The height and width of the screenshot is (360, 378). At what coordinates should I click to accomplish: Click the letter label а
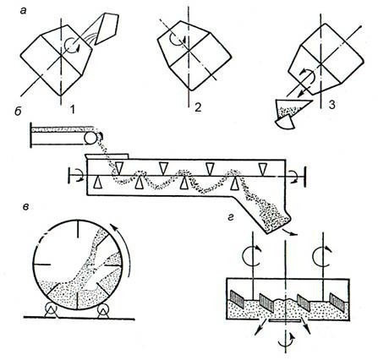tap(24, 11)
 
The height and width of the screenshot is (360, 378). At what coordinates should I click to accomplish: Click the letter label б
tap(18, 112)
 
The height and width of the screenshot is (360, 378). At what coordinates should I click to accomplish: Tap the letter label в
tap(25, 207)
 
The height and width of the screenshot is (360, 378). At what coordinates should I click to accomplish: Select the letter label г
tap(231, 217)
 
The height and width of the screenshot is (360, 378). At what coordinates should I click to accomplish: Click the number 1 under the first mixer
tap(73, 109)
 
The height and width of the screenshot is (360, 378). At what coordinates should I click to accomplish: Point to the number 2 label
tap(198, 107)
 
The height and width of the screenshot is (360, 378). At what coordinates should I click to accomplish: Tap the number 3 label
tap(332, 105)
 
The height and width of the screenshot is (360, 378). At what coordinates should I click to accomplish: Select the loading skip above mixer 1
tap(107, 29)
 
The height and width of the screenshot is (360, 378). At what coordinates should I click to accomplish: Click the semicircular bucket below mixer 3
tap(285, 122)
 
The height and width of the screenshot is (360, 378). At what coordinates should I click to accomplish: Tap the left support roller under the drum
tap(51, 309)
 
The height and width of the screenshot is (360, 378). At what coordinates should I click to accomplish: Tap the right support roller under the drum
tap(103, 309)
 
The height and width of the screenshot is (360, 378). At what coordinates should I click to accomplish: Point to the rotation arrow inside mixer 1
tap(71, 46)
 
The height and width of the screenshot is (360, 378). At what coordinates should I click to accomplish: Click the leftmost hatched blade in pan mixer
tap(238, 298)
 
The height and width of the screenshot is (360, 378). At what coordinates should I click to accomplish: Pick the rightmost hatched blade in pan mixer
tap(337, 302)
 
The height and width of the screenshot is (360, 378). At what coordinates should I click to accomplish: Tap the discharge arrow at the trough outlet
tap(290, 231)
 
